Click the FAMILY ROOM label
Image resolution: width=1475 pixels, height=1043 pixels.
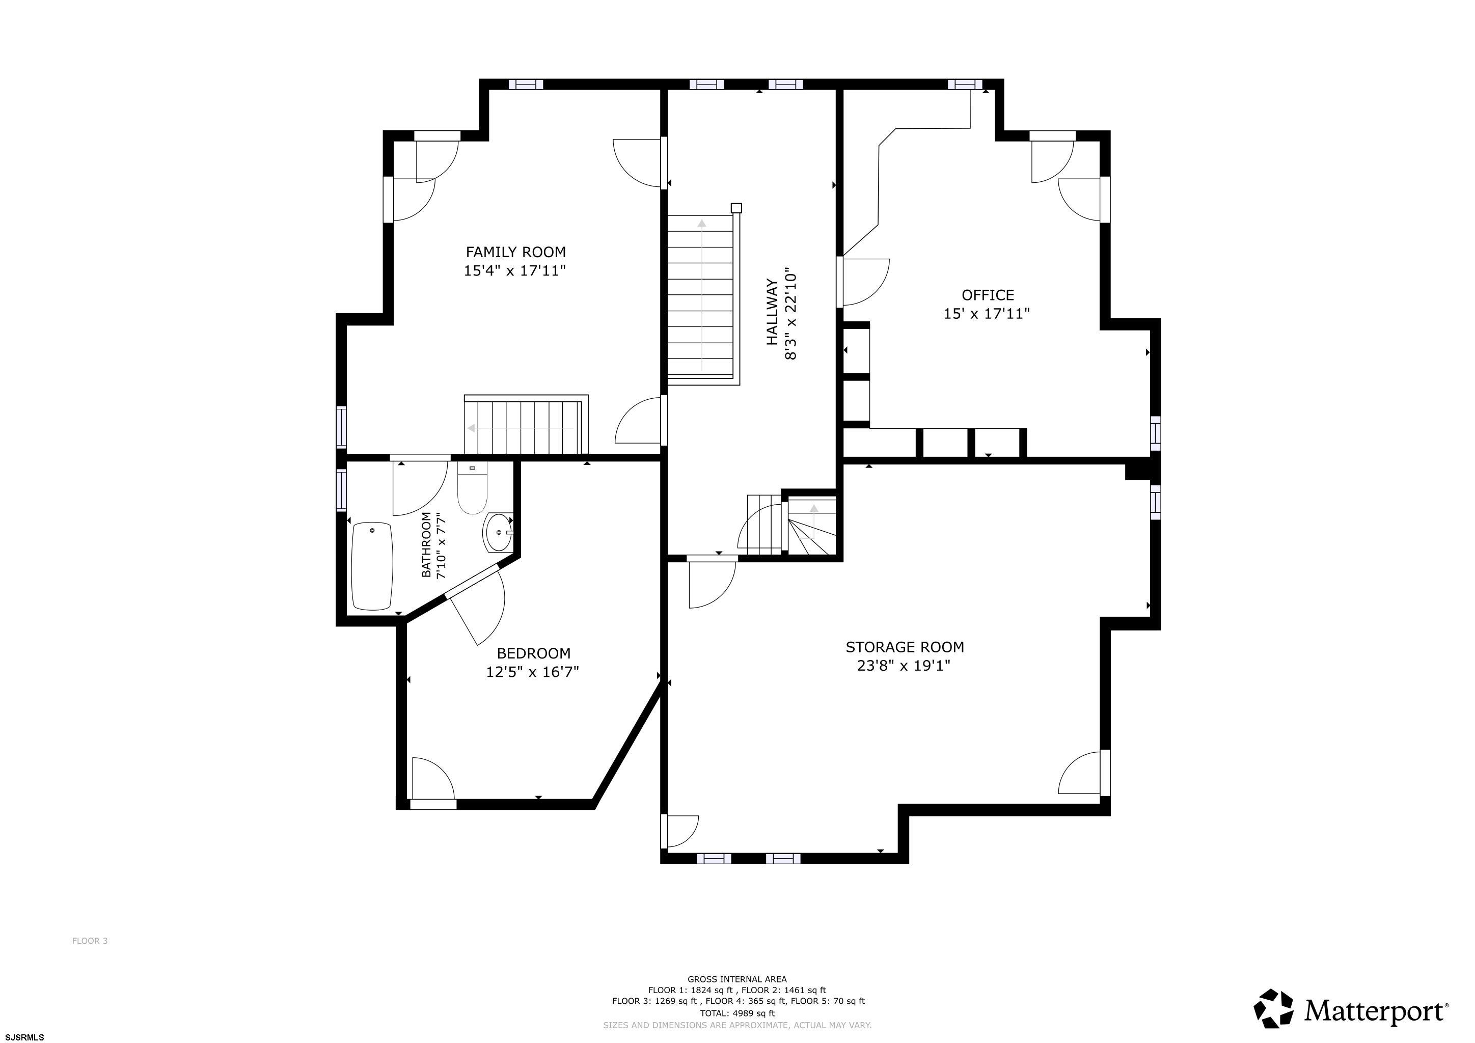(x=515, y=252)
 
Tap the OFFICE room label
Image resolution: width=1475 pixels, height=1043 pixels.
(x=988, y=295)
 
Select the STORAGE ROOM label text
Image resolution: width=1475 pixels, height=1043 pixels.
(x=905, y=647)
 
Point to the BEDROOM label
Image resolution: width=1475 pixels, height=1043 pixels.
(x=533, y=653)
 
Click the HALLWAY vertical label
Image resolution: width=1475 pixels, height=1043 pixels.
(x=772, y=312)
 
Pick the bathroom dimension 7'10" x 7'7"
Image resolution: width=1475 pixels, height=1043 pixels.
(x=441, y=545)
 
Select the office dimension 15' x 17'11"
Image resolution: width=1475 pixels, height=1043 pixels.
(x=987, y=313)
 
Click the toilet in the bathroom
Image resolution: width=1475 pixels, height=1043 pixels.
(x=472, y=488)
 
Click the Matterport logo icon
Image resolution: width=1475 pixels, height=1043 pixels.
(x=1273, y=1008)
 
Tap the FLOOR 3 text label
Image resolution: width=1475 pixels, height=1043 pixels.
(x=90, y=941)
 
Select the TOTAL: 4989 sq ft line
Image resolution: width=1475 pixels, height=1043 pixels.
(x=737, y=1013)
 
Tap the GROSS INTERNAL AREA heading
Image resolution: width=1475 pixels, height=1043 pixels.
(x=737, y=979)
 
